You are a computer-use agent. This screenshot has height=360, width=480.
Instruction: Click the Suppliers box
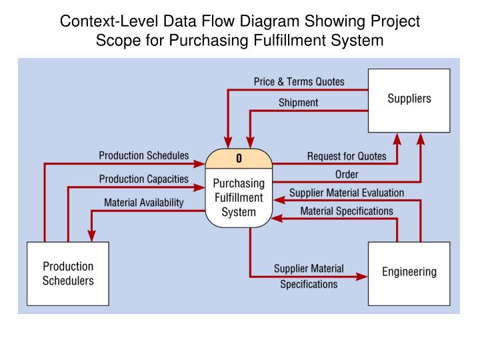tap(409, 100)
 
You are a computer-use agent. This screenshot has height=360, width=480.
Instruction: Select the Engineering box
tap(409, 272)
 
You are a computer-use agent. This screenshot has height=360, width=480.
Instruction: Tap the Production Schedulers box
tap(68, 273)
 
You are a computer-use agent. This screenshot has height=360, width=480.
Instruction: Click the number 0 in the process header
tap(239, 159)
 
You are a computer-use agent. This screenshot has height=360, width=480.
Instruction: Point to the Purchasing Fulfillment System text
tap(239, 197)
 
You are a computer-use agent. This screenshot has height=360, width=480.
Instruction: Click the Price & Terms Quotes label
tap(299, 82)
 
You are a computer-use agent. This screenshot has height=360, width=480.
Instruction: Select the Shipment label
tap(298, 103)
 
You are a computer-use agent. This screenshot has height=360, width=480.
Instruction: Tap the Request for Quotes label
tap(346, 157)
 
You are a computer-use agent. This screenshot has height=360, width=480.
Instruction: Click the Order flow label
tap(346, 175)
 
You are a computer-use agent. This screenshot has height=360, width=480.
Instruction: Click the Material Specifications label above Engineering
tap(346, 211)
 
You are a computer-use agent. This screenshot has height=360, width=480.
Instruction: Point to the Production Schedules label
tap(143, 156)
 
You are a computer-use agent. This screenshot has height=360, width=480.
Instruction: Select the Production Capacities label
tap(143, 179)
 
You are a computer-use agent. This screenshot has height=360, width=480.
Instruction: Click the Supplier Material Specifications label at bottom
tap(309, 277)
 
